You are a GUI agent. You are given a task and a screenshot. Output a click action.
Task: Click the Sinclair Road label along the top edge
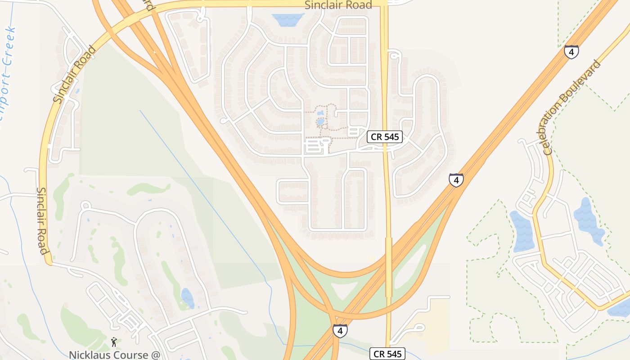338,5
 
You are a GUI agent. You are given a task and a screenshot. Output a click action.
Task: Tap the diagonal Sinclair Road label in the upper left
74,75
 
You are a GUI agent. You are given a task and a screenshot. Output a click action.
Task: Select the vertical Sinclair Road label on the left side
42,220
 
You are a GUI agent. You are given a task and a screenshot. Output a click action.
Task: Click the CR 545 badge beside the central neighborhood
384,137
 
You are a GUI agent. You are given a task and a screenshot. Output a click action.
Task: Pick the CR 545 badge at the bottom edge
387,353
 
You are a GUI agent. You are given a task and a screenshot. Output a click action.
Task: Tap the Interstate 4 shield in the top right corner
571,52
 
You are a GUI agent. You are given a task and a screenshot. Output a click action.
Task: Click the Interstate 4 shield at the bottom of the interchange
340,331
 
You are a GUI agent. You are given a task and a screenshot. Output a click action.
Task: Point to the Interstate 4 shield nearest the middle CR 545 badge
456,180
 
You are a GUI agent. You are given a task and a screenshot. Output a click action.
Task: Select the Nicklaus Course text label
114,355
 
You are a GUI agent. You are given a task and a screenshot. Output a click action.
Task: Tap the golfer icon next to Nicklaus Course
114,342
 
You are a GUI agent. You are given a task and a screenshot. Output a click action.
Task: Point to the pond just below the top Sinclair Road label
288,19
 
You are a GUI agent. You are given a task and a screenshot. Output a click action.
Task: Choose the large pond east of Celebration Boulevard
588,220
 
